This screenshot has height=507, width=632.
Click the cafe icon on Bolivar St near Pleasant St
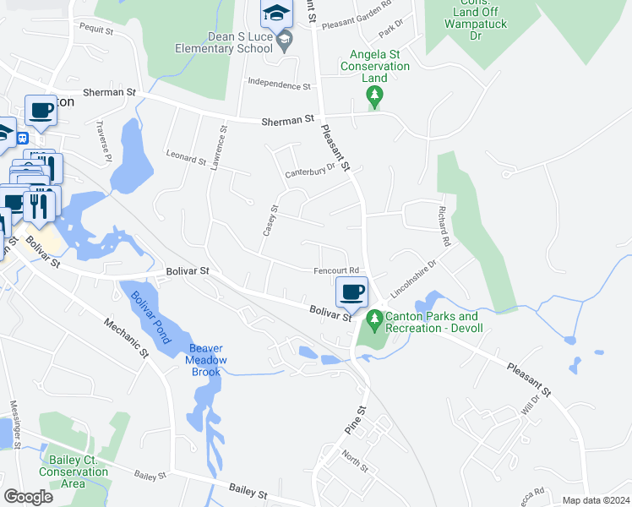[x=352, y=292]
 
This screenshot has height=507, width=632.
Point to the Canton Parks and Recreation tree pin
[x=373, y=321]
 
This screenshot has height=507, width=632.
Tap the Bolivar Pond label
[x=150, y=317]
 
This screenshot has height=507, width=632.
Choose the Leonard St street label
[x=186, y=158]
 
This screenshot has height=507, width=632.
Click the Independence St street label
[x=278, y=84]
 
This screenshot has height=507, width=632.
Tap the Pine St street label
[x=355, y=420]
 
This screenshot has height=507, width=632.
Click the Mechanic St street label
[x=125, y=335]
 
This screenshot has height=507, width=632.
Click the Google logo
[x=28, y=497]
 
